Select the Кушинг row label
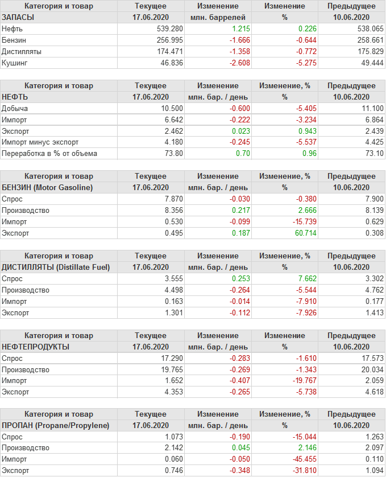pos(14,63)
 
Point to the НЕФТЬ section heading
pos(15,97)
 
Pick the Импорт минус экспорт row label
pos(40,142)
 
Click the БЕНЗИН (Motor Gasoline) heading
pos(48,187)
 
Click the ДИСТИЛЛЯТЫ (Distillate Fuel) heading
pos(56,267)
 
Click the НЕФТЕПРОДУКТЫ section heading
pos(36,347)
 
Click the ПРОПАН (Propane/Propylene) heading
pos(56,425)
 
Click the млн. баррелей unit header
pos(218,17)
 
